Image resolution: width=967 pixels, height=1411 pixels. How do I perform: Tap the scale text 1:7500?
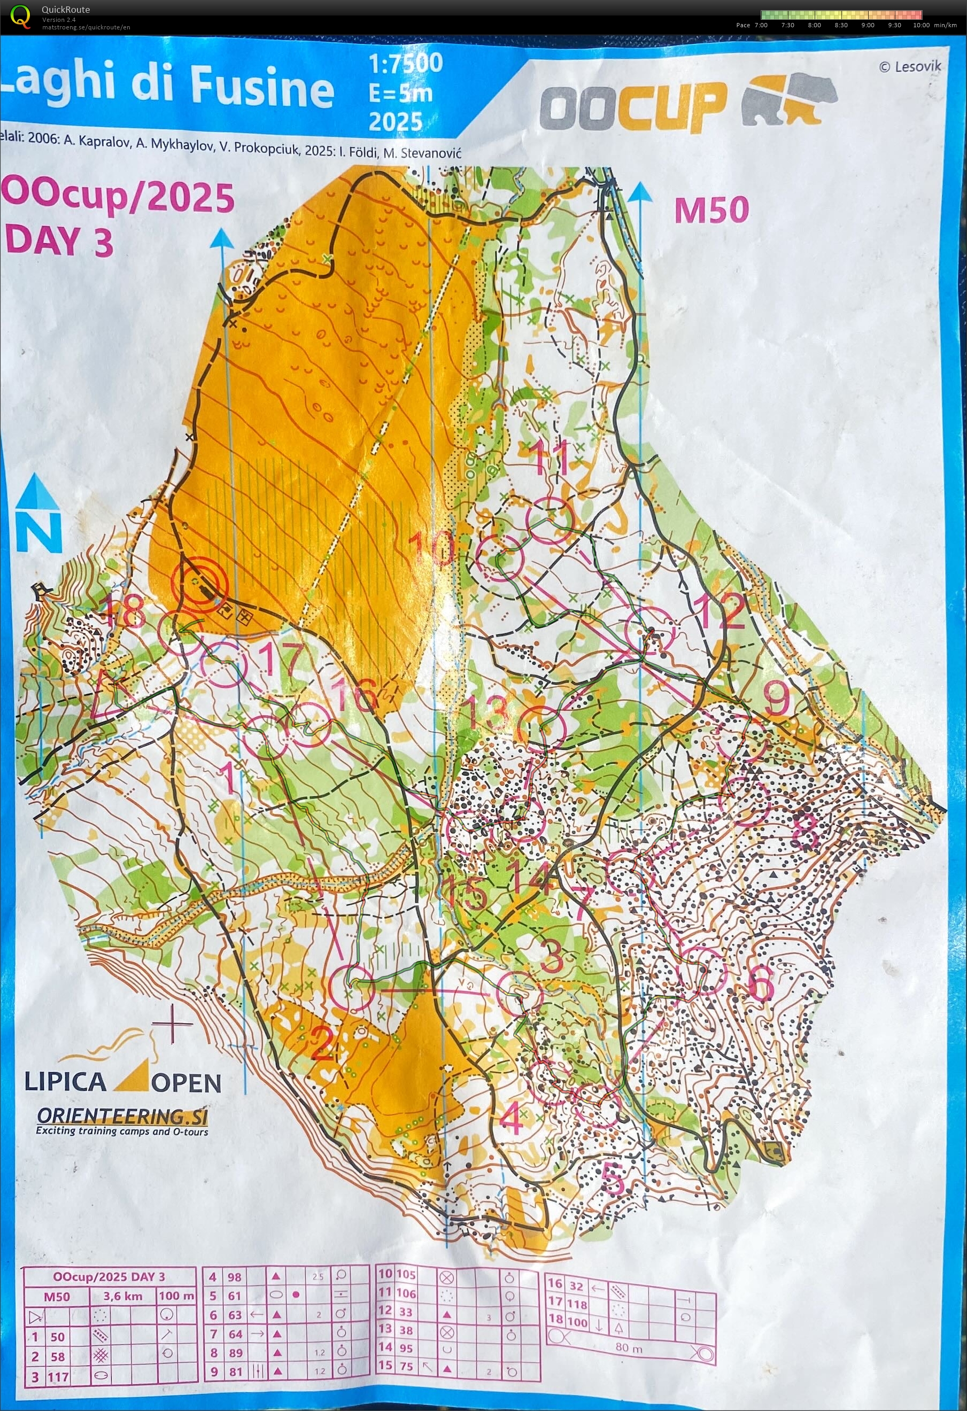tap(406, 63)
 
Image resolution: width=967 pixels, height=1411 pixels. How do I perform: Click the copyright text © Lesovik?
tap(909, 66)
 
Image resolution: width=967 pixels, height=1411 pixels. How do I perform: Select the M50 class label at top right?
tap(711, 210)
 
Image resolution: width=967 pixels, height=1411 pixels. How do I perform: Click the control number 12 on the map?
tap(721, 611)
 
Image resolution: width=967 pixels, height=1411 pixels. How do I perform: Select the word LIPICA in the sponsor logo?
tap(65, 1081)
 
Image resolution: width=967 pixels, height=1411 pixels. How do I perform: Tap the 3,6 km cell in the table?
tap(123, 1296)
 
